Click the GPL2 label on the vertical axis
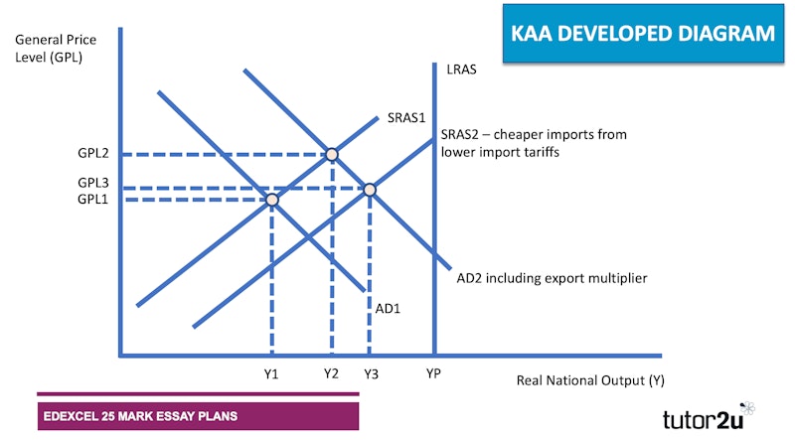[x=93, y=153]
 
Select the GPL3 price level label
[x=93, y=183]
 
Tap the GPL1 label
[x=92, y=200]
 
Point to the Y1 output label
[x=271, y=374]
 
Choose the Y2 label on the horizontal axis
[x=331, y=373]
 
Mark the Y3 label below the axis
[x=371, y=374]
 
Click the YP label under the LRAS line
[x=433, y=373]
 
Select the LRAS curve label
[x=461, y=70]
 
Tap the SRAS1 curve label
[x=406, y=117]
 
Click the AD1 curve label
[x=388, y=308]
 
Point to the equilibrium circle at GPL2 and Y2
[x=332, y=154]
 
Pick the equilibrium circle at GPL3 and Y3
[x=370, y=190]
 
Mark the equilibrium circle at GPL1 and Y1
[x=272, y=200]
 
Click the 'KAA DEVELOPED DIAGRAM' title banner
[x=643, y=34]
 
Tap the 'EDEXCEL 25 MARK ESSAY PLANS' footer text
[x=140, y=416]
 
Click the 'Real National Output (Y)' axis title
[x=590, y=380]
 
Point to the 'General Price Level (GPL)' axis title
[x=56, y=48]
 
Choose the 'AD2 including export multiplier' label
[x=553, y=278]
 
